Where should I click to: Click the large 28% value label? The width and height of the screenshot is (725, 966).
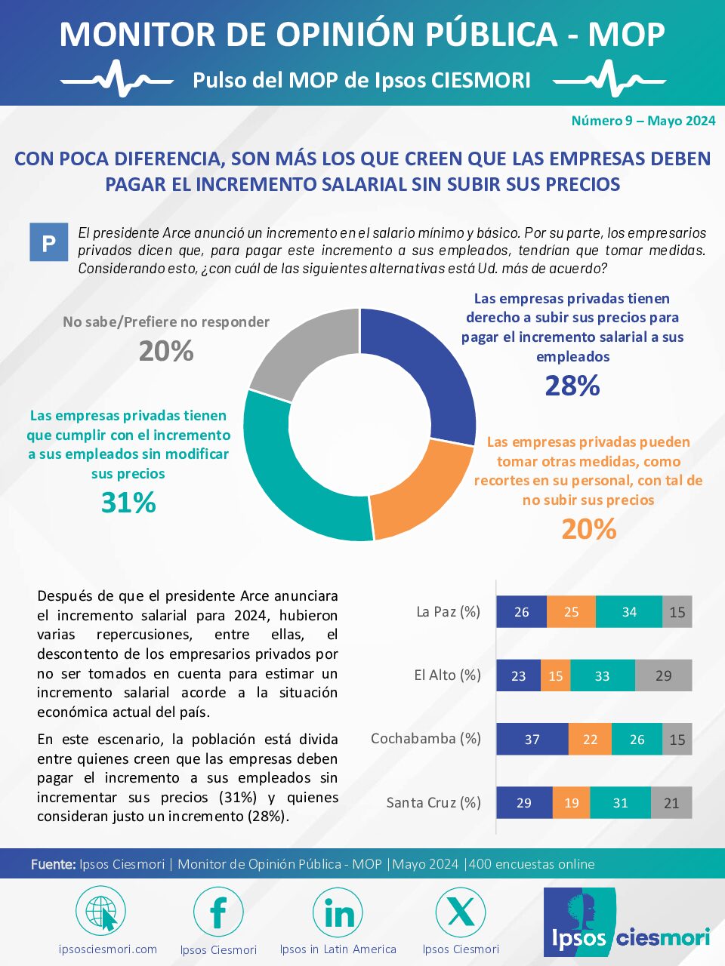[x=572, y=386]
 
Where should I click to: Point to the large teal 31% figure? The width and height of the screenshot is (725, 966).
[x=128, y=503]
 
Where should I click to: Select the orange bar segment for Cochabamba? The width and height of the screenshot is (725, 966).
[x=590, y=739]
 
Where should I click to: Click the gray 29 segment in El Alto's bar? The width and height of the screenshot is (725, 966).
[x=663, y=675]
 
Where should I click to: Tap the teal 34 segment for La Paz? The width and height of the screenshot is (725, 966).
[x=629, y=612]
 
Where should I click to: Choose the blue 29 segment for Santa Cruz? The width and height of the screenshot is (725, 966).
[x=524, y=803]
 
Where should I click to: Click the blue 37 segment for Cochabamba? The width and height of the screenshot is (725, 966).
[x=532, y=739]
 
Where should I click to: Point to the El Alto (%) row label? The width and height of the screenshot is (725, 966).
[x=447, y=675]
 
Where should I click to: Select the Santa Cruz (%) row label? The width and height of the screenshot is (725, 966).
[x=433, y=803]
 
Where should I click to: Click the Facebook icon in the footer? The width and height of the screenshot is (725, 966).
[x=218, y=912]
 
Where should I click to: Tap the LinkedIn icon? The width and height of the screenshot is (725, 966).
[x=338, y=912]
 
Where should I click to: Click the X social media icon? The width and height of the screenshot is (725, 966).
[x=461, y=912]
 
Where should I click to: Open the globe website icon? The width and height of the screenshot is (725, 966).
[x=100, y=911]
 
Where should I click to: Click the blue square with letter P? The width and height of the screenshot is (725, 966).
[x=49, y=242]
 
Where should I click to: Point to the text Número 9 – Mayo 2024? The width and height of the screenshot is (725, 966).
[x=643, y=121]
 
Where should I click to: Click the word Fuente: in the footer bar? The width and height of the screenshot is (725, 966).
[x=54, y=864]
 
